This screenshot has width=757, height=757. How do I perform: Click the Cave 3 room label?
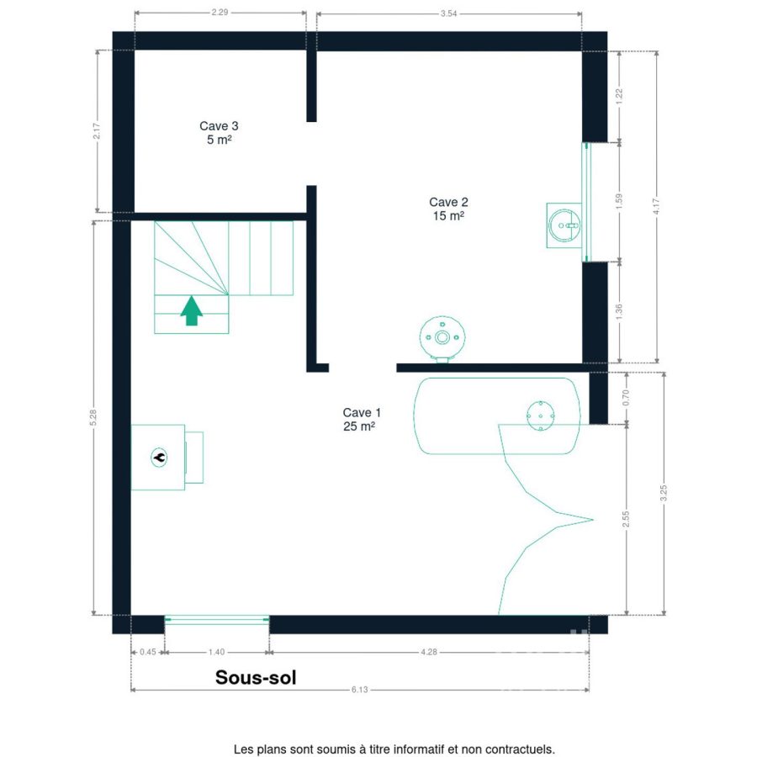219,132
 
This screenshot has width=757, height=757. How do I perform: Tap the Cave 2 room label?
448,209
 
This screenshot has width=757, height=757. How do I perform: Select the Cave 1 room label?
362,419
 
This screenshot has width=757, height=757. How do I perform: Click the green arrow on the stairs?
192,310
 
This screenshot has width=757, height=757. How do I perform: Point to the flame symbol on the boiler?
159,458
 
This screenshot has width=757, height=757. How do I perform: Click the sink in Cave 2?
564,225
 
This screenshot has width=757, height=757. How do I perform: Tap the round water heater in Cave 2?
442,338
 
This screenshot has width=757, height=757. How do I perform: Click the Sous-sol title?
256,677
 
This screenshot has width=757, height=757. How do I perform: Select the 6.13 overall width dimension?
360,690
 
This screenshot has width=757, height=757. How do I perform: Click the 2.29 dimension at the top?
220,12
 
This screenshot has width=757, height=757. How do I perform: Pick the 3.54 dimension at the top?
448,13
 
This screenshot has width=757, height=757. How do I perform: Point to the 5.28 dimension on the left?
93,417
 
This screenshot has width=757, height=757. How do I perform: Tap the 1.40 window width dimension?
216,652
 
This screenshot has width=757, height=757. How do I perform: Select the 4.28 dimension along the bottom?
429,652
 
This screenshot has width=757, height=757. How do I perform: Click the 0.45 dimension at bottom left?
148,652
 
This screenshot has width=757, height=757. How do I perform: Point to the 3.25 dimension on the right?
664,493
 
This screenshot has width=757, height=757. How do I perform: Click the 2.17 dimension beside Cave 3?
97,131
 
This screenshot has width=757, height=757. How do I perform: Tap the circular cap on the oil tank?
540,416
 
